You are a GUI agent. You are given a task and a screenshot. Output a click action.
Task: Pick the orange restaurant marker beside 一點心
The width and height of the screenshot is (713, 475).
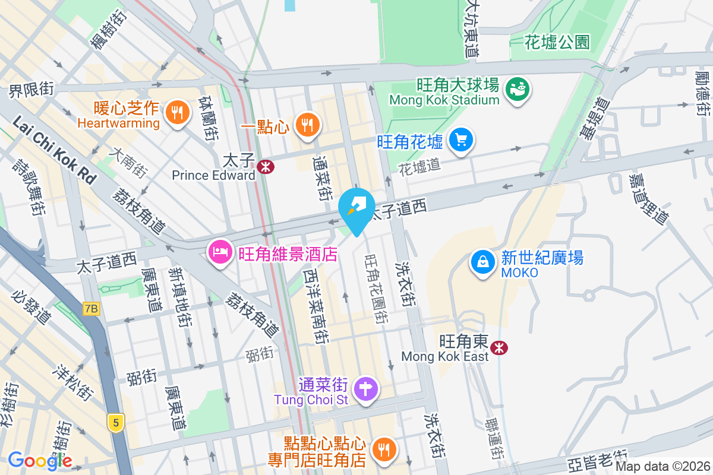tap(307, 124)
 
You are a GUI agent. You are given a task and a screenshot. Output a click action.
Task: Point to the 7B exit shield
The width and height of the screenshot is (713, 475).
tap(91, 308)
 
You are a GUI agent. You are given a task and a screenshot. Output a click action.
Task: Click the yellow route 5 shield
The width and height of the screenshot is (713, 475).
tap(116, 423)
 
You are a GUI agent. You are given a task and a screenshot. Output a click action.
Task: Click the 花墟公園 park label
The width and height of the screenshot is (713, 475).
tap(557, 42)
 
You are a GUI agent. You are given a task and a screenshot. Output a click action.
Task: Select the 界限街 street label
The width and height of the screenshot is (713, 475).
tap(31, 90)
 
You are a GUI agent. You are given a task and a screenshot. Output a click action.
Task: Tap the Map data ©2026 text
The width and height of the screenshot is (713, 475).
tap(662, 467)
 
